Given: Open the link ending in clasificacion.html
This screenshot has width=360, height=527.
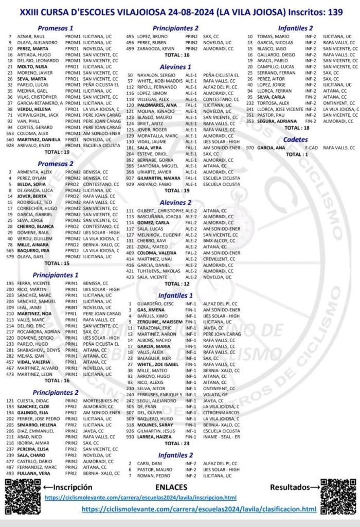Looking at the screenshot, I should point(199,509).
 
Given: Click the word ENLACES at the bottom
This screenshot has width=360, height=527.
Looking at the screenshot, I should point(174,487).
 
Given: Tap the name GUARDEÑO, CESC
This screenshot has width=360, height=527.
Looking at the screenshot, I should point(148,304).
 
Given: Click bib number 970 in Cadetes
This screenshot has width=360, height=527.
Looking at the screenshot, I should point(250,148).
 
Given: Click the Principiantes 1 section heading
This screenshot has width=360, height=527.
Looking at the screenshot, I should point(56,275).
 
